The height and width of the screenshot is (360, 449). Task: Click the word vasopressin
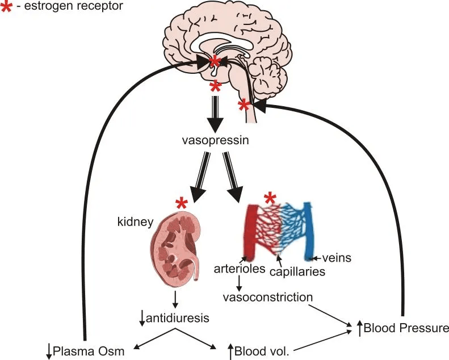pyautogui.click(x=215, y=140)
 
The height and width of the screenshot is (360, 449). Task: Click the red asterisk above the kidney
pyautogui.click(x=182, y=203)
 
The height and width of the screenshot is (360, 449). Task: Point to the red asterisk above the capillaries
pyautogui.click(x=270, y=198)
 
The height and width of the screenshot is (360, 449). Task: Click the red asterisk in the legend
pyautogui.click(x=7, y=8)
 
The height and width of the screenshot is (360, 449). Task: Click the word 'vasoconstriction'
pyautogui.click(x=268, y=297)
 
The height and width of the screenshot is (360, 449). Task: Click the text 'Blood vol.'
pyautogui.click(x=262, y=351)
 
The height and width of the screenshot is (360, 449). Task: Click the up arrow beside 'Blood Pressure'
pyautogui.click(x=359, y=328)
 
